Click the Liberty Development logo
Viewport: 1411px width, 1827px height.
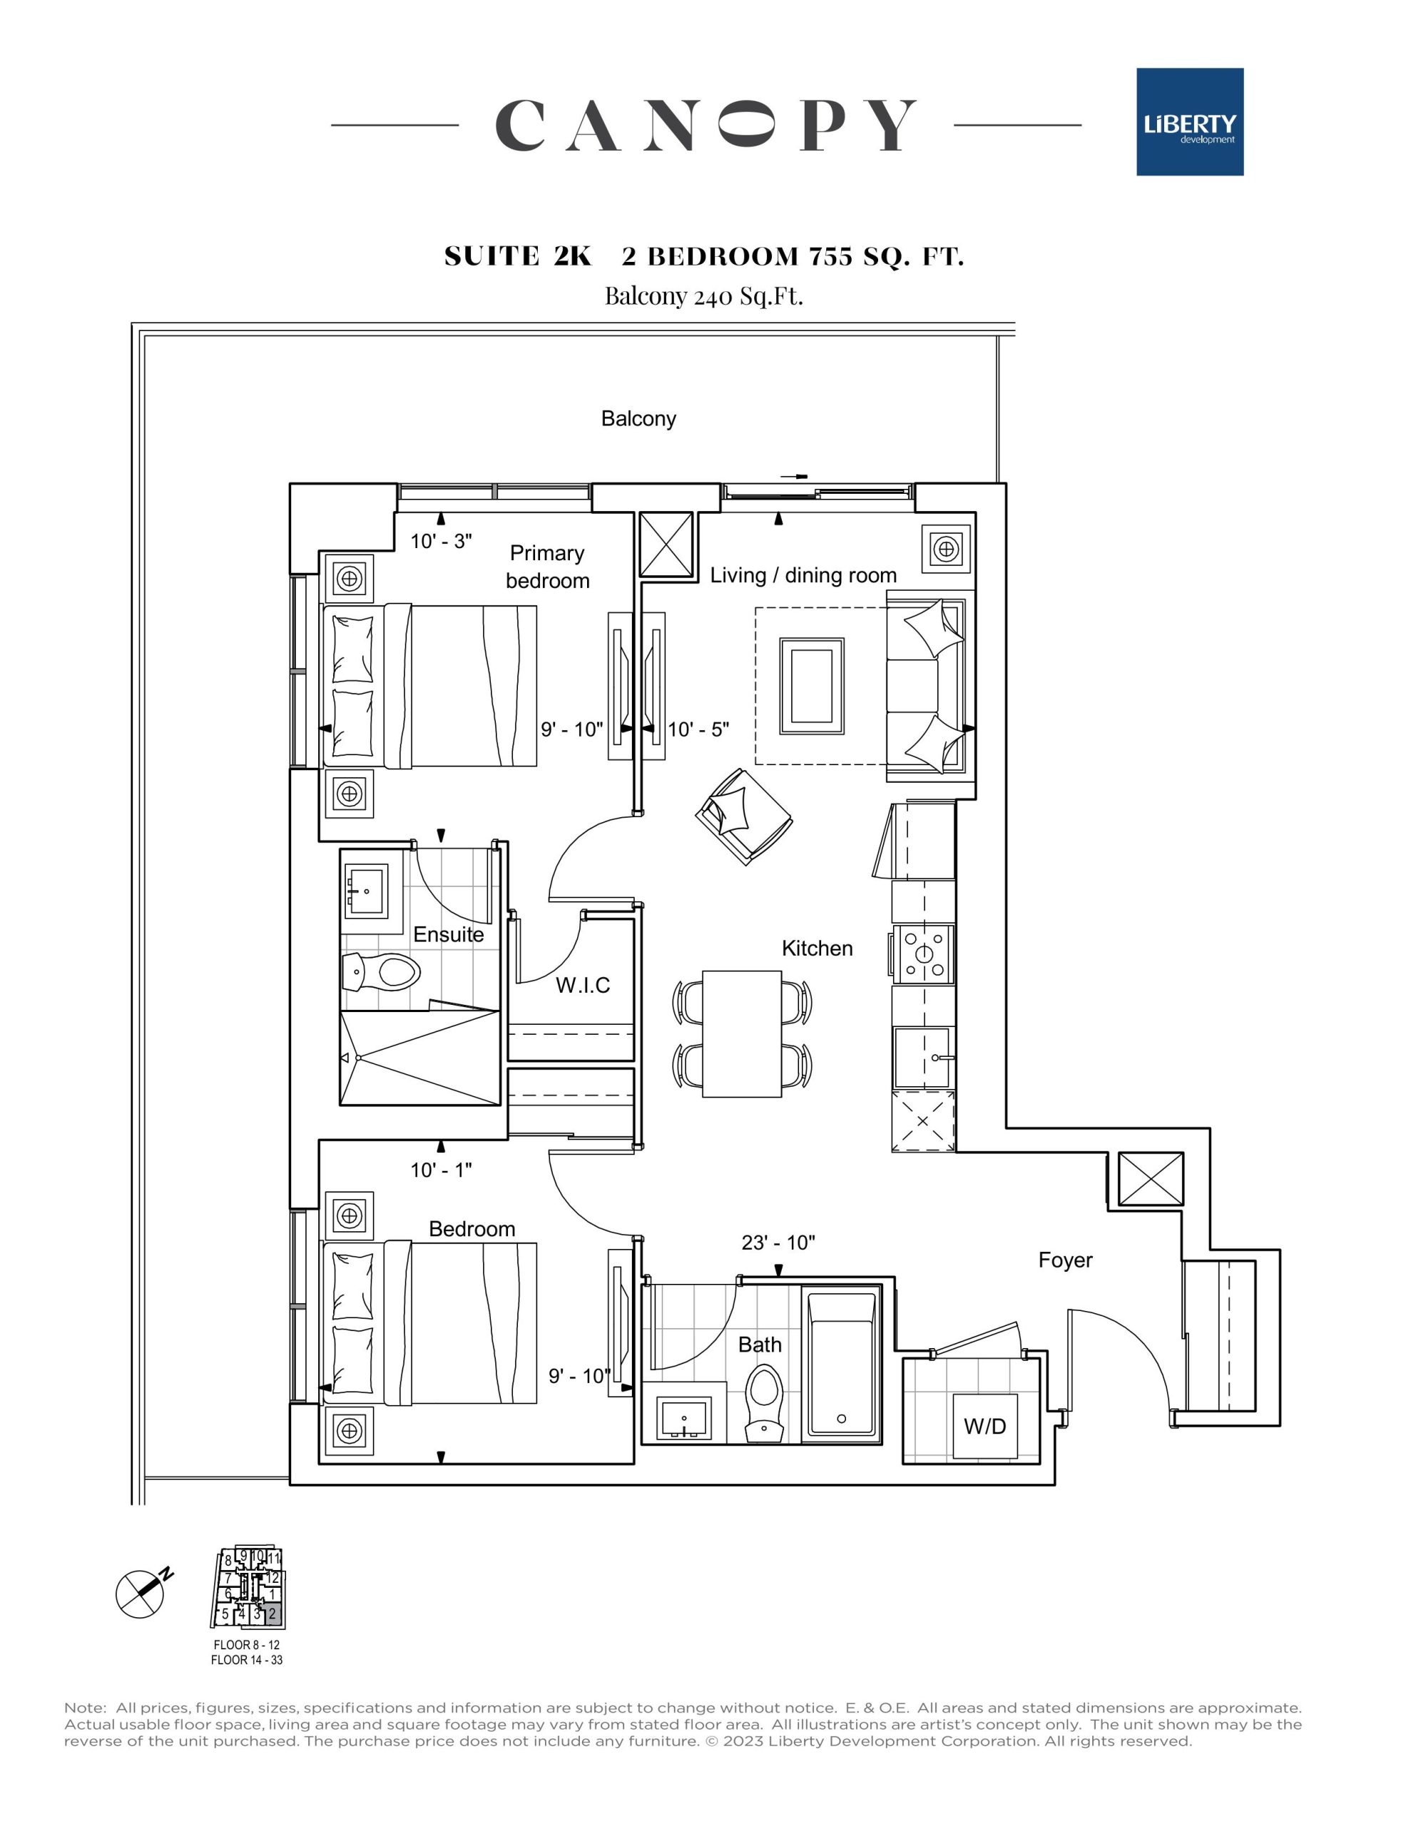[x=1189, y=122]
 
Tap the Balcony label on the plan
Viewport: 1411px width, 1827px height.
[x=638, y=418]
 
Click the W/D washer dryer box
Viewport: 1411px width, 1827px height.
[x=984, y=1427]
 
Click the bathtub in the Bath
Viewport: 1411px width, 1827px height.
[x=842, y=1365]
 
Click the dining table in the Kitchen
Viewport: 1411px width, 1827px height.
[x=742, y=1034]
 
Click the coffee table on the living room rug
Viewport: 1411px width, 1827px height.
[x=811, y=686]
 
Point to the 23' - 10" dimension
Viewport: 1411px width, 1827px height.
[x=778, y=1243]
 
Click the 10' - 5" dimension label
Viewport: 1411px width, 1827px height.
[x=698, y=729]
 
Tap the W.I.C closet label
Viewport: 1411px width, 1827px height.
[x=583, y=986]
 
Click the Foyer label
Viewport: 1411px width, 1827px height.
[x=1065, y=1260]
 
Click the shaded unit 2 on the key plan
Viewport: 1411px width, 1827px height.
[x=272, y=1614]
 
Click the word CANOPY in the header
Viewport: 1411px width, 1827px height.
[x=706, y=126]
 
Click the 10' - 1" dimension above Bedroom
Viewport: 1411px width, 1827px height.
[x=441, y=1170]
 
